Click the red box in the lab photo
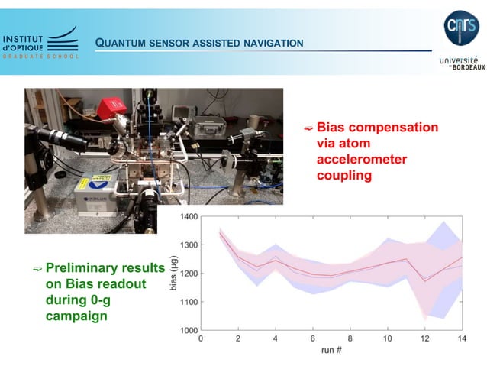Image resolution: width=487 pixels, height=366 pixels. (109, 105)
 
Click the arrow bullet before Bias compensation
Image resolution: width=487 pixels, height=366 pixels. (308, 128)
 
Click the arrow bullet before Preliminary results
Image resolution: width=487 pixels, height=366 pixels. (37, 269)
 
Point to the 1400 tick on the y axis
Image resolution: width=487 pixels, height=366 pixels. (188, 217)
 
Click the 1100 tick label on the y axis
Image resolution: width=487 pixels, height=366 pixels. (188, 302)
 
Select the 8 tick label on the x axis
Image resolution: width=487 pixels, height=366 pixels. (350, 338)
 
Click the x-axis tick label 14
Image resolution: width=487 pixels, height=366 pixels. (460, 338)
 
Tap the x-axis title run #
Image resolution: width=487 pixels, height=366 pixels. (331, 351)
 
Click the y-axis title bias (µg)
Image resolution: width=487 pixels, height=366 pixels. (173, 274)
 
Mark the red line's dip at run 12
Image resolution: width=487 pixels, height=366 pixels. (424, 281)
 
